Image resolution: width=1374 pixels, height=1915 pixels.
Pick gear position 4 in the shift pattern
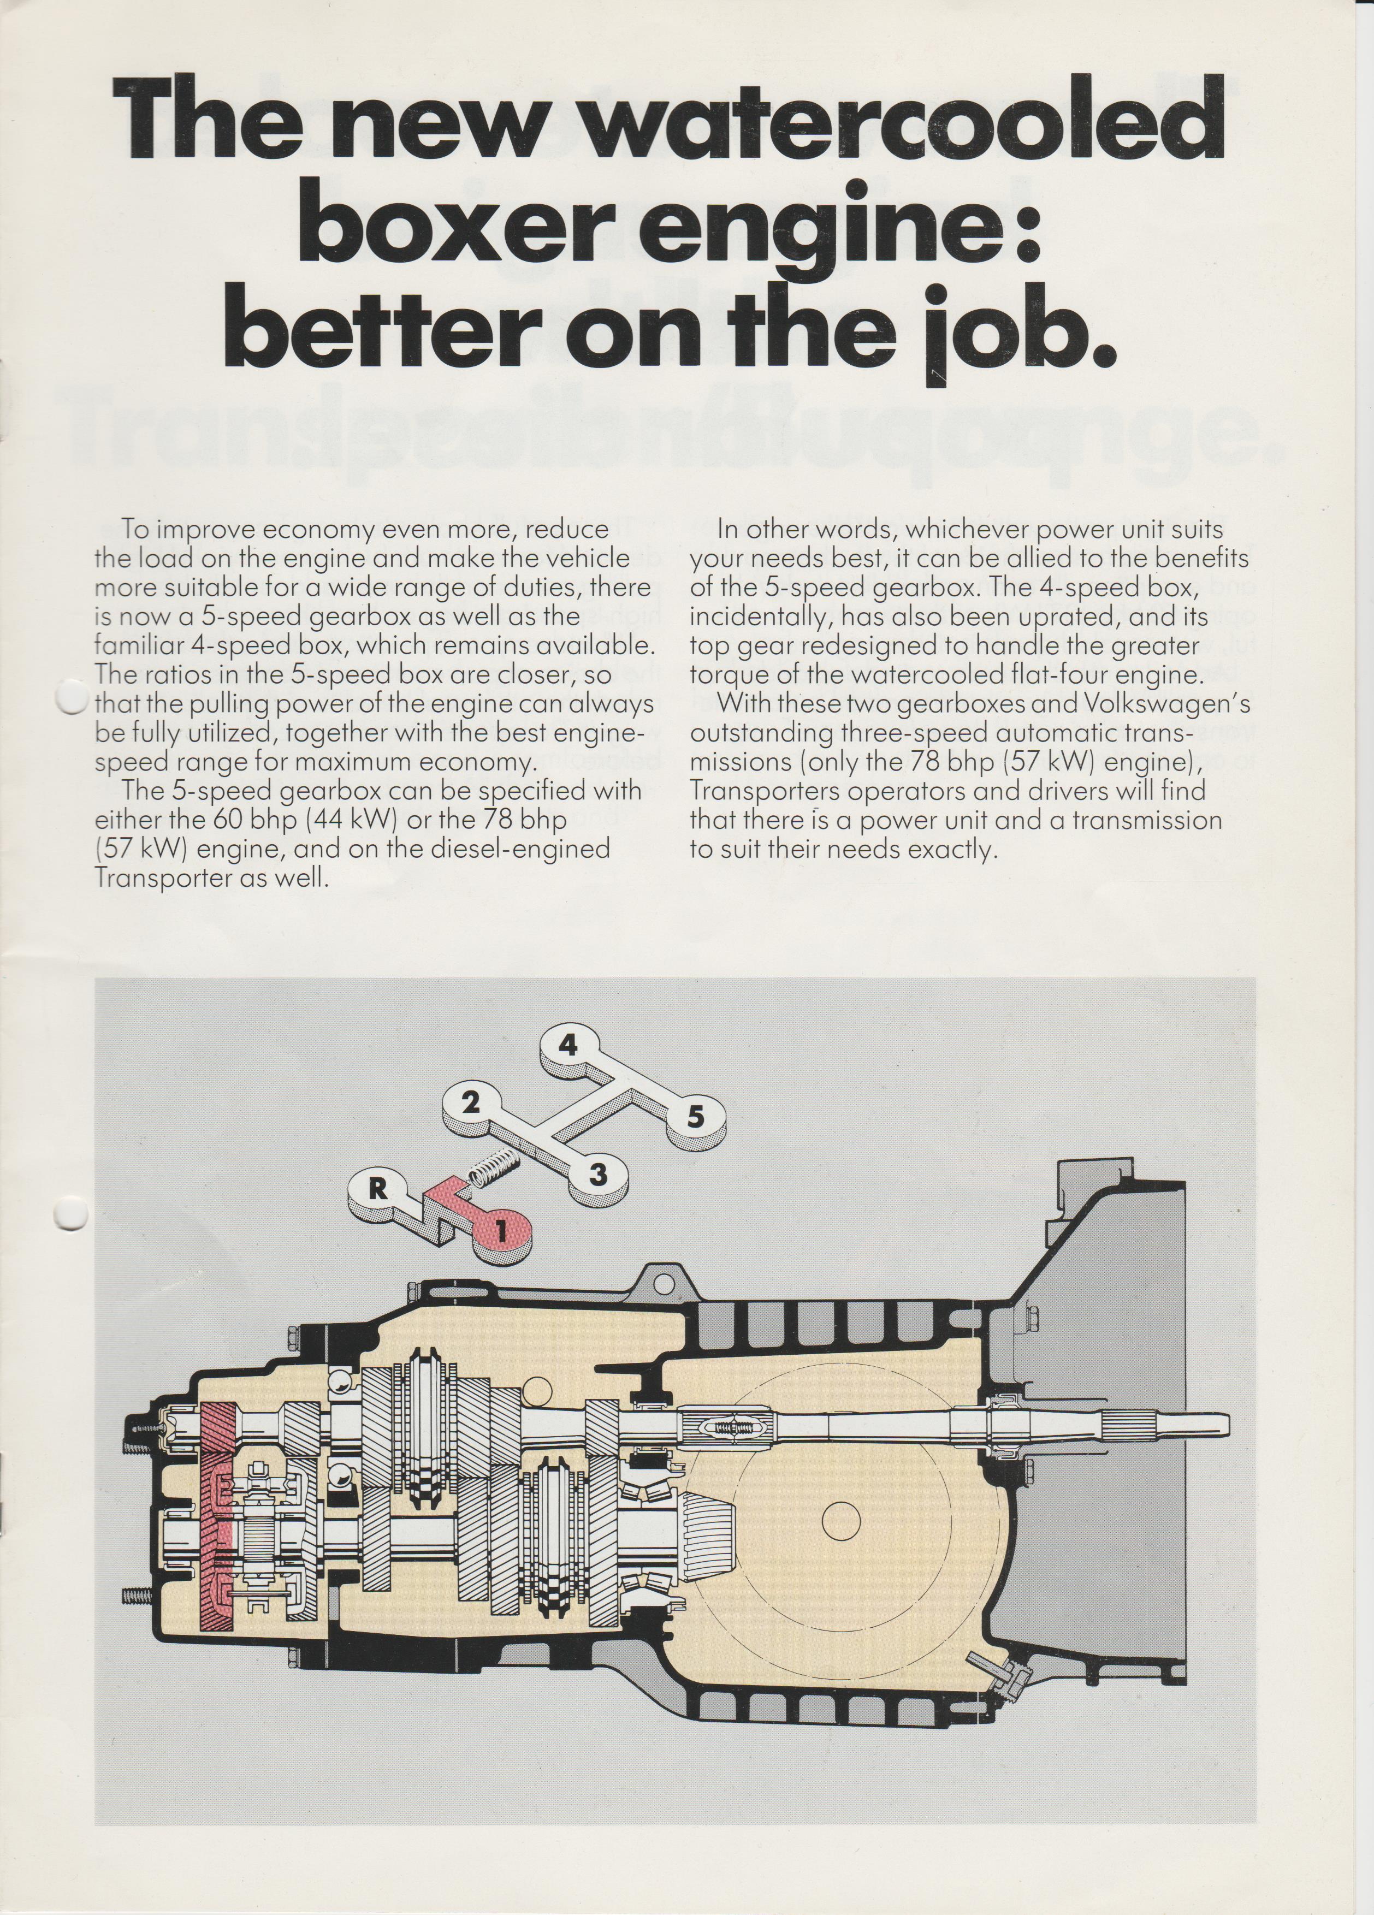tap(568, 1045)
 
